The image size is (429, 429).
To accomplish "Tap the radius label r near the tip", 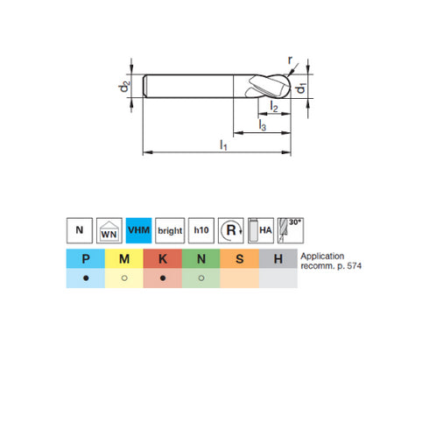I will (x=292, y=61).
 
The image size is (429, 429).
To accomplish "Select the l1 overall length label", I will (x=223, y=144).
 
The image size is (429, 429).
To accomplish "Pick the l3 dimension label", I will (x=262, y=127).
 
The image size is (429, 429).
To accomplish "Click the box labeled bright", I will (x=170, y=231).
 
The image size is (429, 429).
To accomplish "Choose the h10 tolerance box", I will (x=200, y=231).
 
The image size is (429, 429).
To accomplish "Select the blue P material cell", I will (x=85, y=258).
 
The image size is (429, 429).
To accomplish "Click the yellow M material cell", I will (x=123, y=258).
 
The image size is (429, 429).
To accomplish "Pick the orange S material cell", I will (x=239, y=258).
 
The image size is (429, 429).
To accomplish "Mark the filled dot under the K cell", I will (x=162, y=278).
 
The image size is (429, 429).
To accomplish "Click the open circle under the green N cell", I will (x=200, y=278).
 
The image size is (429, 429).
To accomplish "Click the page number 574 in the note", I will (x=351, y=265).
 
